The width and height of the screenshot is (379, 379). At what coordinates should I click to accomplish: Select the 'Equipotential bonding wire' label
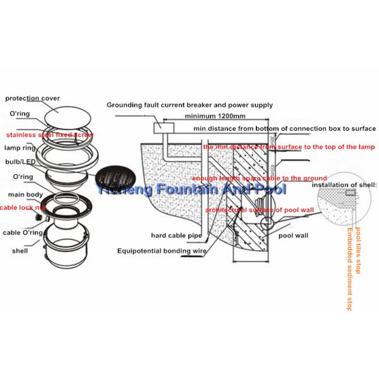162,250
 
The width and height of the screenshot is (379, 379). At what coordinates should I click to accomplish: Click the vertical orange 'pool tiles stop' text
358,250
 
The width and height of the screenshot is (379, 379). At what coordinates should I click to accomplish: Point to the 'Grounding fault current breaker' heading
189,105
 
